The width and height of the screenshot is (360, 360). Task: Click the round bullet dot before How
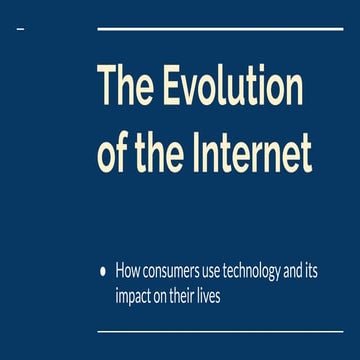103,270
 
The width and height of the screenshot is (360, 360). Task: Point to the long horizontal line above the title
219,29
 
